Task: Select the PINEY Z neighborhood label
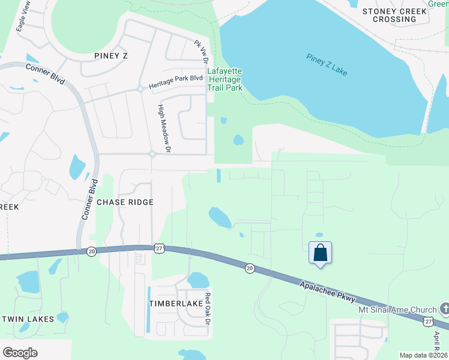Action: coord(111,55)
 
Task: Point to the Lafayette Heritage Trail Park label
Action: coord(224,79)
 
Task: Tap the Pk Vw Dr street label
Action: coord(200,52)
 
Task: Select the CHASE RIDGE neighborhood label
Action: coord(125,202)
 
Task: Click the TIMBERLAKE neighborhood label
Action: coord(176,304)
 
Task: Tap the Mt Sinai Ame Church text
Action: coord(397,310)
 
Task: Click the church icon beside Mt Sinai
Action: coord(444,310)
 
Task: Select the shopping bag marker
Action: coord(321,253)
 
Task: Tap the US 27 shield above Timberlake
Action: coord(158,248)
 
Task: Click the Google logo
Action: coord(20,353)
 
